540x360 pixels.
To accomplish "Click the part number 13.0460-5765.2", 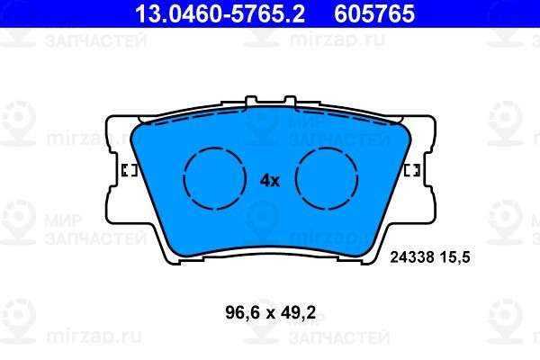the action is pyautogui.click(x=220, y=13).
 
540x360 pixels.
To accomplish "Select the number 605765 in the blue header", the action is pyautogui.click(x=374, y=13).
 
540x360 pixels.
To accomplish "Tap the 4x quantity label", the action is pyautogui.click(x=270, y=181).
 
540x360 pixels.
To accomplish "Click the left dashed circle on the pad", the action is pyautogui.click(x=215, y=178).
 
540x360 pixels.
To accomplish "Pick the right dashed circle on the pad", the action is pyautogui.click(x=327, y=178).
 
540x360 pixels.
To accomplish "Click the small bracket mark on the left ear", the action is pyautogui.click(x=130, y=170).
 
